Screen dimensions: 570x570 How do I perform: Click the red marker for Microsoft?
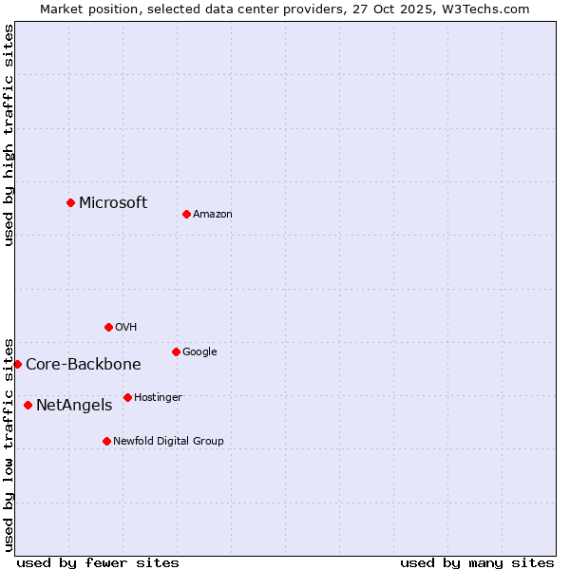(70, 202)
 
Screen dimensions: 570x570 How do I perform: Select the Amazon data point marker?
(186, 214)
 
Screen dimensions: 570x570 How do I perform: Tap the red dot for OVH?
(108, 327)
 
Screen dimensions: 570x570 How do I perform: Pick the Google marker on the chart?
(176, 351)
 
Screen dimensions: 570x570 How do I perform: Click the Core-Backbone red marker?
(17, 364)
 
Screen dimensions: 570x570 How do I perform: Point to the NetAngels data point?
(28, 405)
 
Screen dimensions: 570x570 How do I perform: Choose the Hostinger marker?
(127, 397)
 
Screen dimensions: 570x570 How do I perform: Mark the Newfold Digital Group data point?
(106, 441)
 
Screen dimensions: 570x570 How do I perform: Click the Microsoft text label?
(113, 202)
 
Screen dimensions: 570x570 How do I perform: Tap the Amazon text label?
(213, 214)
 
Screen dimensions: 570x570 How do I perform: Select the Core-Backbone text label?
(84, 364)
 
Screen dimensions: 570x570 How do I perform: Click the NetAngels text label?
(74, 405)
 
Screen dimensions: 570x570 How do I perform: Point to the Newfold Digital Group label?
(168, 441)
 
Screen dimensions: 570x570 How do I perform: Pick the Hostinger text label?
(158, 397)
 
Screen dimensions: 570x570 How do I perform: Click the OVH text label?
(126, 327)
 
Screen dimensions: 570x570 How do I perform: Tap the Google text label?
(199, 351)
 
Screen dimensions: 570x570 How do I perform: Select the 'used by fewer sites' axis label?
(98, 562)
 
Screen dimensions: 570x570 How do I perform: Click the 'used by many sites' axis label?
(477, 562)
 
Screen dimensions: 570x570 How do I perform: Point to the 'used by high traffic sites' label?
(9, 135)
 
